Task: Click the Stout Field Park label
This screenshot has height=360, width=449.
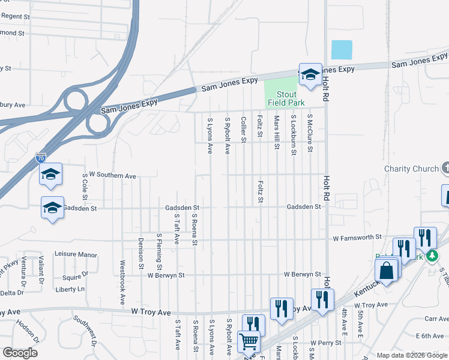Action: [x=286, y=98]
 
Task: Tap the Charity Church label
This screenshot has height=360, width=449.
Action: [x=411, y=169]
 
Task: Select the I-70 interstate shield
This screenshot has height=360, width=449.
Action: [x=41, y=158]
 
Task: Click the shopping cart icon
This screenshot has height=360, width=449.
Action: [x=248, y=341]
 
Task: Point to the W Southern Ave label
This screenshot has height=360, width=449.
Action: [x=112, y=176]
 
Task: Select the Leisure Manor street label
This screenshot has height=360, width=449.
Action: [x=76, y=254]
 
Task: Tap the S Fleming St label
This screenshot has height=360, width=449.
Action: [x=159, y=251]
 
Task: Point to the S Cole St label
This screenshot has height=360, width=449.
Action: [x=85, y=187]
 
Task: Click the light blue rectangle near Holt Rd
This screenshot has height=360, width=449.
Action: [x=342, y=50]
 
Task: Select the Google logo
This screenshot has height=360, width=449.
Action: [x=20, y=352]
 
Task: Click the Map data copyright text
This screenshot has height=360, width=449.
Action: [x=411, y=355]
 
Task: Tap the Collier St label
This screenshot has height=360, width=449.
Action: [x=244, y=129]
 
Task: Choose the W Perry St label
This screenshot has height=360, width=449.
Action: [x=325, y=343]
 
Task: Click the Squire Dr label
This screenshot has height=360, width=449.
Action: [x=76, y=277]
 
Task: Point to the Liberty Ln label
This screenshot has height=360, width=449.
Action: [x=70, y=289]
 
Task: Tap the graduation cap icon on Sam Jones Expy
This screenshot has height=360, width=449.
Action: [x=310, y=75]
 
